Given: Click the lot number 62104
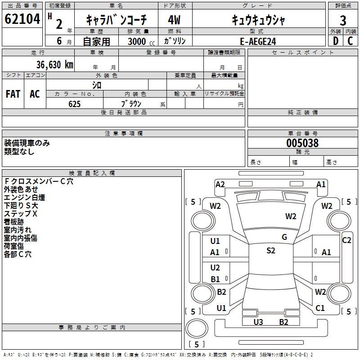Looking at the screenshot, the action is (22, 19).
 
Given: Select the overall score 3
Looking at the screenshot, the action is (343, 21).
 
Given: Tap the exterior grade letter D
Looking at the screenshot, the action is (335, 41).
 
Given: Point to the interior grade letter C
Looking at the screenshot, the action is (350, 41).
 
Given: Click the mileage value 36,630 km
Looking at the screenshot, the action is (54, 65).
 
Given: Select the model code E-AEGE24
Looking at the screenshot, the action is (258, 41).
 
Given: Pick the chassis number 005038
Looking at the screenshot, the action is (302, 143).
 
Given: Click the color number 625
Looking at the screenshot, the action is (74, 104).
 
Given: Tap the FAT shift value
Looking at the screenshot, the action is (13, 94).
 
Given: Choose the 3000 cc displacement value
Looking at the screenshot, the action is (141, 41).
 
